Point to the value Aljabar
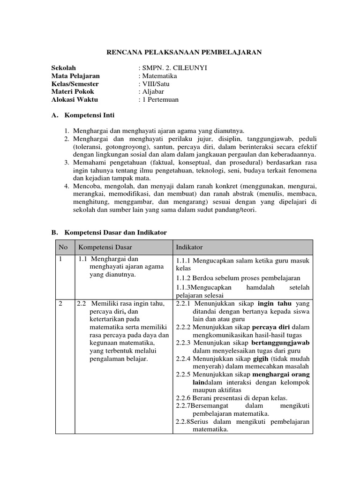(154, 92)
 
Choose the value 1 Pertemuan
(160, 100)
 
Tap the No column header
(63, 247)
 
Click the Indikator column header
(189, 247)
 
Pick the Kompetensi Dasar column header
(105, 247)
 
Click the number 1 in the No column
(60, 259)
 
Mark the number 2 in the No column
(60, 304)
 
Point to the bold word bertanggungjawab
(281, 343)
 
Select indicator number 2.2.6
(183, 398)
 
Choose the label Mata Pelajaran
(75, 76)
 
